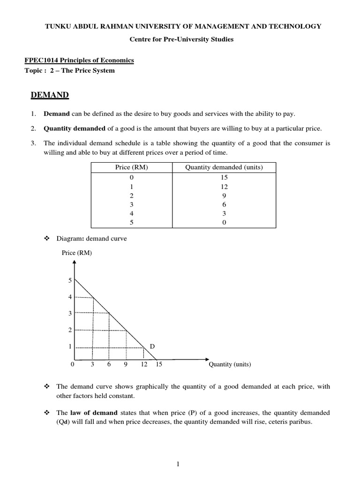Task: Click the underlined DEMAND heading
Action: pyautogui.click(x=50, y=96)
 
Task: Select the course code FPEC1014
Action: pyautogui.click(x=40, y=60)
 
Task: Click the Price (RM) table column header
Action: pyautogui.click(x=131, y=167)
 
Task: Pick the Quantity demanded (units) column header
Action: pyautogui.click(x=224, y=167)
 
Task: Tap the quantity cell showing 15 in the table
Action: pyautogui.click(x=224, y=178)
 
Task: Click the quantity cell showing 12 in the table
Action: pyautogui.click(x=224, y=187)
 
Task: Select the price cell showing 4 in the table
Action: pyautogui.click(x=131, y=213)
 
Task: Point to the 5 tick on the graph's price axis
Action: pyautogui.click(x=70, y=280)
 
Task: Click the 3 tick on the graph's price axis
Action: pyautogui.click(x=70, y=313)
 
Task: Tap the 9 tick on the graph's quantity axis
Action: pyautogui.click(x=126, y=364)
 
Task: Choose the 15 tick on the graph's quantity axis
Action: pyautogui.click(x=158, y=364)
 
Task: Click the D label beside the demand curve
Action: pyautogui.click(x=152, y=346)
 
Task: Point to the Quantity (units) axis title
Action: pyautogui.click(x=230, y=364)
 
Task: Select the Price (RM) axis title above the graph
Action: pyautogui.click(x=77, y=253)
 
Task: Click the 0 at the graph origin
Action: pyautogui.click(x=72, y=364)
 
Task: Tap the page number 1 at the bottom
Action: pyautogui.click(x=179, y=464)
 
